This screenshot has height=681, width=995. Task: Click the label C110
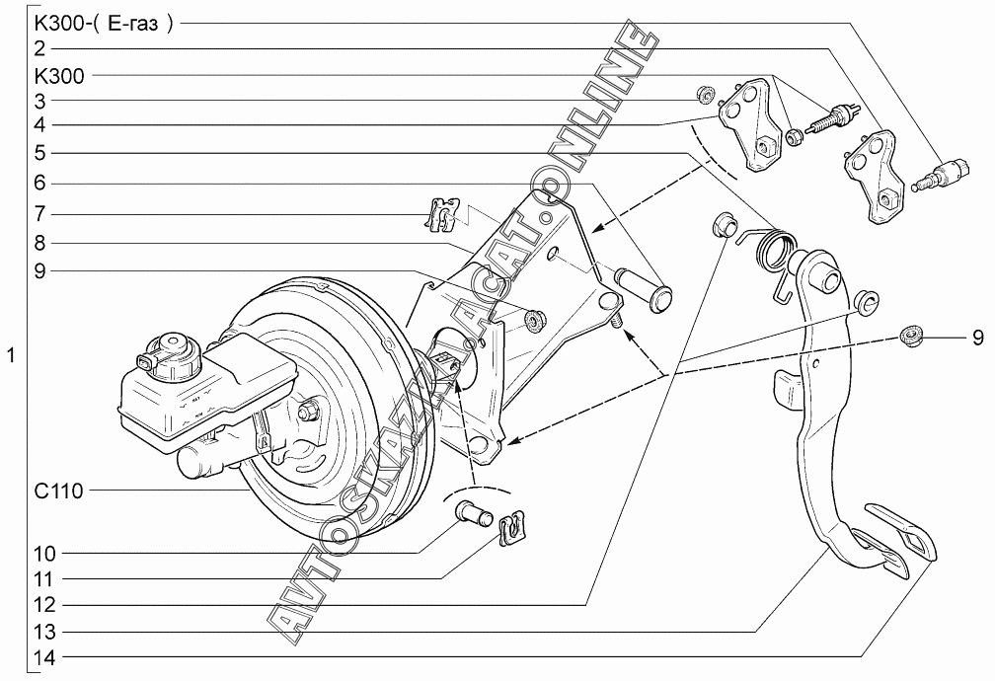[x=58, y=491]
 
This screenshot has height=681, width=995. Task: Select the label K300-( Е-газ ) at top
[x=104, y=24]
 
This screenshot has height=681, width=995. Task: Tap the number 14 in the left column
[x=45, y=657]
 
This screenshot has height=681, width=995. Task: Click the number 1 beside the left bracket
[x=10, y=355]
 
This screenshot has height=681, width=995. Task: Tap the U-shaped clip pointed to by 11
[x=512, y=529]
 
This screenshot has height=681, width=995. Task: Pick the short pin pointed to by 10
[x=475, y=512]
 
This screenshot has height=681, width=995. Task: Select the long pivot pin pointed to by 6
[x=644, y=289]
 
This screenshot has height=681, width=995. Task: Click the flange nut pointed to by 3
[x=704, y=95]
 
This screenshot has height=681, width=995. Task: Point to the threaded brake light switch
[x=829, y=120]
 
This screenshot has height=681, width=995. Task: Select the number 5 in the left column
[x=39, y=153]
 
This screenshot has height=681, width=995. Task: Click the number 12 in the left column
[x=45, y=604]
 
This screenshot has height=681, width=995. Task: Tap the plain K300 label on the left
[x=59, y=76]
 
